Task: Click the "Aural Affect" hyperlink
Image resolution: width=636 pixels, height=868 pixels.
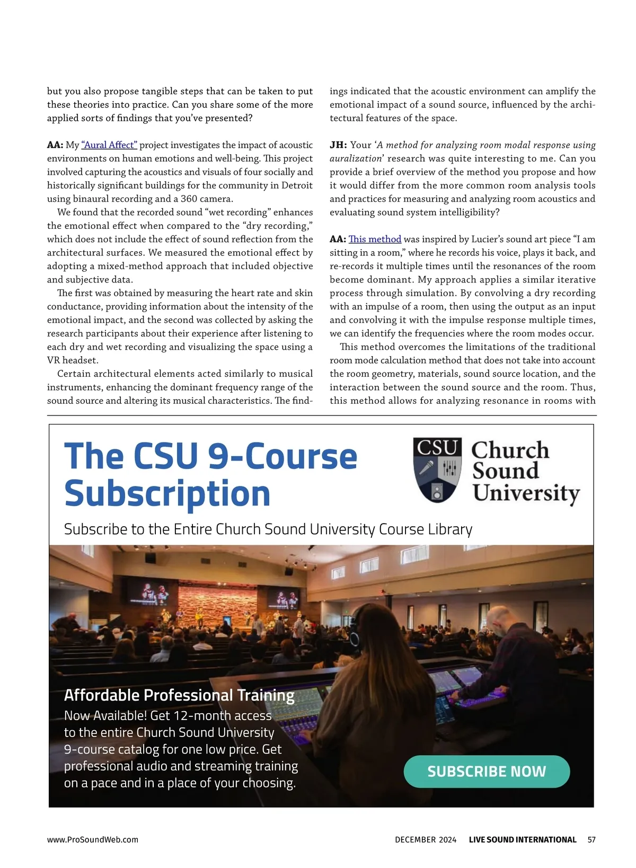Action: click(109, 145)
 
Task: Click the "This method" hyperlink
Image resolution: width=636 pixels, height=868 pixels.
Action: click(375, 239)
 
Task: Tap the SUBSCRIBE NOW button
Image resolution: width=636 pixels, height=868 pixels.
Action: click(487, 771)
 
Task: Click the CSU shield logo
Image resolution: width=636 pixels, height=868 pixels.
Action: click(437, 470)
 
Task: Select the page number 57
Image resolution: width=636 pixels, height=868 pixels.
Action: click(591, 839)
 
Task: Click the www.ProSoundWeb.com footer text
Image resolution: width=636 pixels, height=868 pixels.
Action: click(93, 839)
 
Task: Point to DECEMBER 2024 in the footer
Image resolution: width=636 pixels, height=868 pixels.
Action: click(426, 839)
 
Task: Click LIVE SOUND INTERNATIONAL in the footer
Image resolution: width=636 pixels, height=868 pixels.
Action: click(523, 839)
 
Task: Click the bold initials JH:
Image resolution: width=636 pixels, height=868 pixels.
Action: click(338, 145)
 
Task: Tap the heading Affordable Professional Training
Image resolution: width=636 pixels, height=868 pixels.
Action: click(179, 695)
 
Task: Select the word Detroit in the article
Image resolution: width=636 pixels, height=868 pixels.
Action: click(297, 185)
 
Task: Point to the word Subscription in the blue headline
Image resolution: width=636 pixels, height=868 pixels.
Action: click(167, 493)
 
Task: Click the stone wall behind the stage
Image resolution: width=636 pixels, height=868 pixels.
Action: click(217, 601)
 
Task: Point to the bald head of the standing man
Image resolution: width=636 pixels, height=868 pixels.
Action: click(499, 618)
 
